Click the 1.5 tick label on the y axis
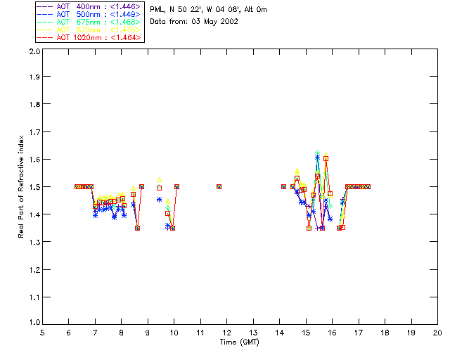coord(33,187)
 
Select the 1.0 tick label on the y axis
coord(33,323)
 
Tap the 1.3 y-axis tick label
coord(33,242)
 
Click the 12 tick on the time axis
coord(226,333)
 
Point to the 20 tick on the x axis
coord(437,333)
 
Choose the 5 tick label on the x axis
coord(42,333)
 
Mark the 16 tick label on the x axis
coord(332,333)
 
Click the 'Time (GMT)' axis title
coord(240,343)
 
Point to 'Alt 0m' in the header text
coord(256,10)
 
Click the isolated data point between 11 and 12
coord(219,186)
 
